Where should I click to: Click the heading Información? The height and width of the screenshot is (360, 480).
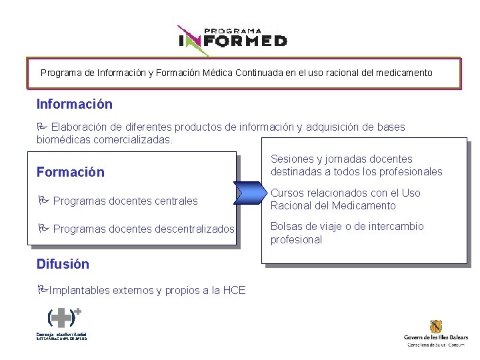pos(74,105)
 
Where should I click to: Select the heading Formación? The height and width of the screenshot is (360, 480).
pos(70,172)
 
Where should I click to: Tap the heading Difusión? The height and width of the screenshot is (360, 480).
pos(62,263)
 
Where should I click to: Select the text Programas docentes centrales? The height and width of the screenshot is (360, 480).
pos(125,201)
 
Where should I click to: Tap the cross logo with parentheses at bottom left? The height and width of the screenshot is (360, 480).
pos(64,317)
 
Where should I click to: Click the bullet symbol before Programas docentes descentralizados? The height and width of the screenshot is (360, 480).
pos(43,229)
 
